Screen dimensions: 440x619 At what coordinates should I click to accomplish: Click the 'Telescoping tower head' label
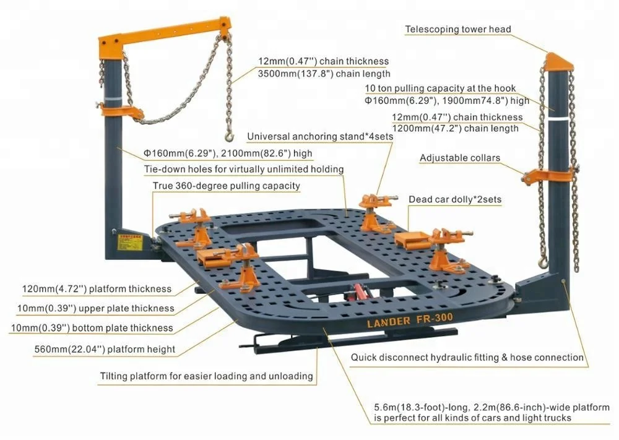click(458, 29)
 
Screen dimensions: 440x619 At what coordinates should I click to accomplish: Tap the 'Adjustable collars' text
click(459, 158)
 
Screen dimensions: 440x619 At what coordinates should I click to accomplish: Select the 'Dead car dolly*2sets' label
click(454, 200)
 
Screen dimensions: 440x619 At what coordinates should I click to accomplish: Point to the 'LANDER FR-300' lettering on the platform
click(402, 318)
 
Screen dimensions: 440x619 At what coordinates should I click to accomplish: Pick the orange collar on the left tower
click(121, 113)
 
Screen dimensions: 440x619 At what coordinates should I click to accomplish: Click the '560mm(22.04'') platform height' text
click(105, 350)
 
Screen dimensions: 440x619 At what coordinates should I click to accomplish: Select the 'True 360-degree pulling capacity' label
click(226, 186)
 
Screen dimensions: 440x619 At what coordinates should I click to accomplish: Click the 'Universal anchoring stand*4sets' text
click(319, 136)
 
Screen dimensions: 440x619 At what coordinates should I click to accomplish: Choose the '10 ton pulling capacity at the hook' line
click(440, 88)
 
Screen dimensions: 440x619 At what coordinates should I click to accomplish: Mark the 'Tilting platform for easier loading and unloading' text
click(207, 376)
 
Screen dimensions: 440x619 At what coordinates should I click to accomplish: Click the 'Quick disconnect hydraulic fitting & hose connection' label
click(467, 357)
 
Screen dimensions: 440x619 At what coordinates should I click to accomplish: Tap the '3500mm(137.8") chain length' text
click(323, 72)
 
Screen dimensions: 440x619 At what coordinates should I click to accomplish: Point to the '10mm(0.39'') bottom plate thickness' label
click(92, 328)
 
